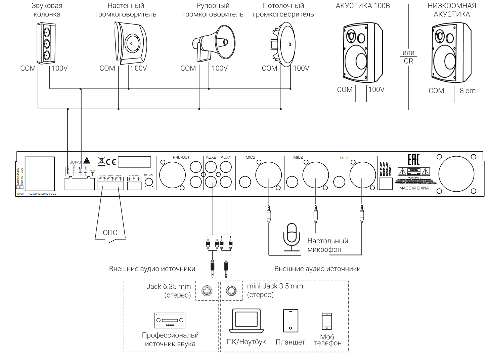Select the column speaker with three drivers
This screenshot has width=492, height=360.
46,43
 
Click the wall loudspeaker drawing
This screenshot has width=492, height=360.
131,43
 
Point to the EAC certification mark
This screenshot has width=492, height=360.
413,160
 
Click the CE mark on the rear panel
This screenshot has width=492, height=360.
111,162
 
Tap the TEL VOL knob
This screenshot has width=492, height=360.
149,183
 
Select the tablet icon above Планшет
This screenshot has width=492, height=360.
290,321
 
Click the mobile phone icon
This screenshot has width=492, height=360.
327,321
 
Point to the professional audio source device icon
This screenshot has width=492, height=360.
170,320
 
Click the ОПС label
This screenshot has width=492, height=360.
110,233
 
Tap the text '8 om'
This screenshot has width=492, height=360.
467,91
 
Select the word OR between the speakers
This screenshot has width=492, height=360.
408,61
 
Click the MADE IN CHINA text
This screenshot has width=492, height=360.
414,188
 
